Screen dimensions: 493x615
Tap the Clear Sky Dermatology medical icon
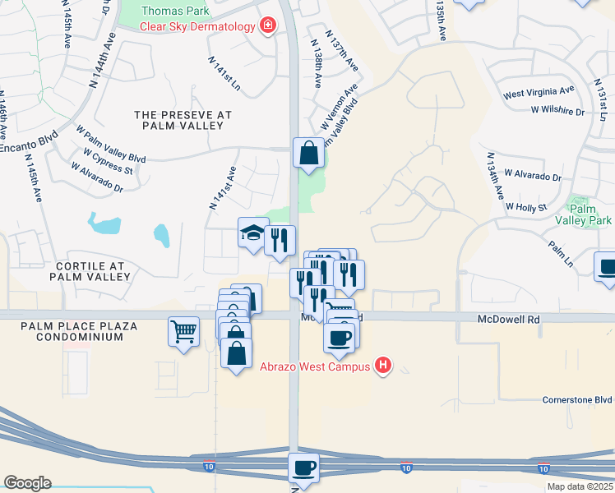click(x=267, y=26)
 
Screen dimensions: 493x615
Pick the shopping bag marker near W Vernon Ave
click(x=308, y=153)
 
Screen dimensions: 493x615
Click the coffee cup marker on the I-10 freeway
click(x=303, y=468)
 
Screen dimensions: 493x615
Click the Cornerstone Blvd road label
click(x=577, y=400)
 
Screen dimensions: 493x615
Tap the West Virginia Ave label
click(x=539, y=93)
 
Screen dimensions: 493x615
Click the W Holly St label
click(x=526, y=207)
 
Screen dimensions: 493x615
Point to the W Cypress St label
click(x=108, y=161)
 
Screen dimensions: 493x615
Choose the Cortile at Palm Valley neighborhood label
click(x=91, y=271)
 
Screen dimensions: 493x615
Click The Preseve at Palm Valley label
click(x=183, y=120)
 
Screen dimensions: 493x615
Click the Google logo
click(x=28, y=482)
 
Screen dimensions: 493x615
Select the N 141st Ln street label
click(x=224, y=72)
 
